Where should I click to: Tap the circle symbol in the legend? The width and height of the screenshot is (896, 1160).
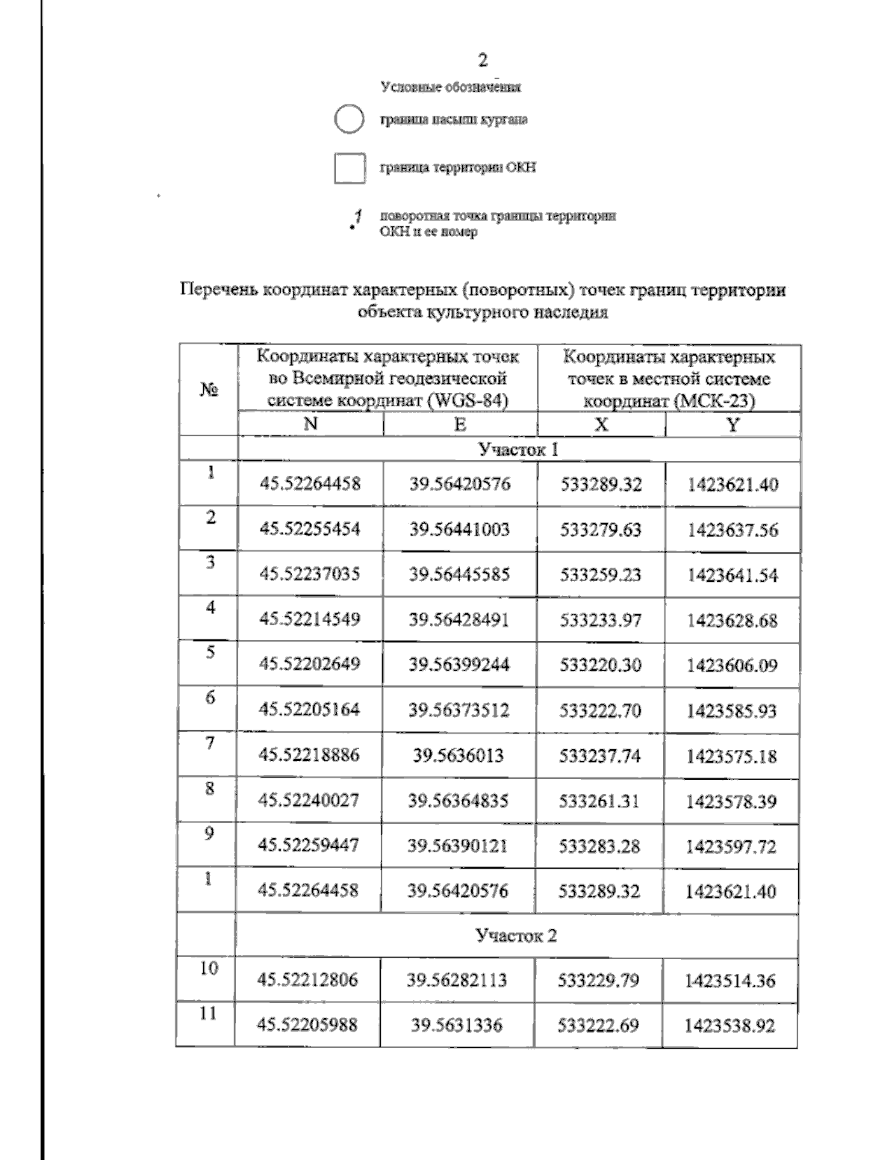(349, 120)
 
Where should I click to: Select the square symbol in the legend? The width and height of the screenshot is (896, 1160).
(349, 168)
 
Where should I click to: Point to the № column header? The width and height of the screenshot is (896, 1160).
(209, 389)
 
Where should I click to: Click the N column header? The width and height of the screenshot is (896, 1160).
(311, 424)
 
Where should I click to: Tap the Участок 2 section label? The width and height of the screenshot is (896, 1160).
(517, 936)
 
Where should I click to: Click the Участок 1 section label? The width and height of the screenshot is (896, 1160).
(518, 449)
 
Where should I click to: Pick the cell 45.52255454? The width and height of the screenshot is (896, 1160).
(310, 529)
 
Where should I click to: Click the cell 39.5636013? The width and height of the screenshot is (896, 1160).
(458, 755)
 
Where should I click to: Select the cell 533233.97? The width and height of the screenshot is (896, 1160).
(600, 620)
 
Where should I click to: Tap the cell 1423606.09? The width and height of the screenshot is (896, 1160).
(732, 665)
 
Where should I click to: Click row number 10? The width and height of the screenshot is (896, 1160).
(208, 969)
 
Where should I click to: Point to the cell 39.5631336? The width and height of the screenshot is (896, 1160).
(457, 1026)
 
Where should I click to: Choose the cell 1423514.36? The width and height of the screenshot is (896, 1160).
(730, 981)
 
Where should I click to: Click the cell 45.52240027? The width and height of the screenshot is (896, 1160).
(308, 800)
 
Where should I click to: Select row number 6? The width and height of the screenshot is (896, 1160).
(211, 698)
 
